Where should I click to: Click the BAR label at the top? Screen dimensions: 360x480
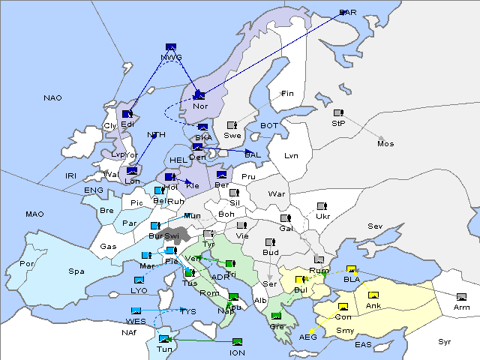coord(348,13)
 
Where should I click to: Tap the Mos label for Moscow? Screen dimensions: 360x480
coord(385,143)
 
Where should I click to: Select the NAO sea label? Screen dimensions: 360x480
coord(53,98)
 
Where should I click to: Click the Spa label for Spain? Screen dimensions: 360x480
coord(76,271)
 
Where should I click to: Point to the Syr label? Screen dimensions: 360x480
coord(445,341)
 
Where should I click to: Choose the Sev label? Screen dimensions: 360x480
coord(375,226)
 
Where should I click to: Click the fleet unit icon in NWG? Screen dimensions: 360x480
coord(171,47)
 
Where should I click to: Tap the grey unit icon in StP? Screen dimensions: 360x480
coord(338,113)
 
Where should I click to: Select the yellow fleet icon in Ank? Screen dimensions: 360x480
coord(373,295)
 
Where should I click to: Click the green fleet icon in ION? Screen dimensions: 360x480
coord(238,342)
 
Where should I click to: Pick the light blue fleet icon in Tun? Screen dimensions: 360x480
coord(164,339)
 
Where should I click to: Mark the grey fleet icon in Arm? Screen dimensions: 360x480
coord(461,297)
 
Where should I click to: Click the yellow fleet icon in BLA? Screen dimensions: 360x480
coord(351,269)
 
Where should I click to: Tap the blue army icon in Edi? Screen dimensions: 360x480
coord(128,115)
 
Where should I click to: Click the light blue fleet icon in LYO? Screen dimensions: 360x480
coord(139,280)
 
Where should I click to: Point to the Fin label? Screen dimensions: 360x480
coord(287,94)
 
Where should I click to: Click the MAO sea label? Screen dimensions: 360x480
coord(34,214)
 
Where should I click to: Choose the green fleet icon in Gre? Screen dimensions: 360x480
coord(277,316)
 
